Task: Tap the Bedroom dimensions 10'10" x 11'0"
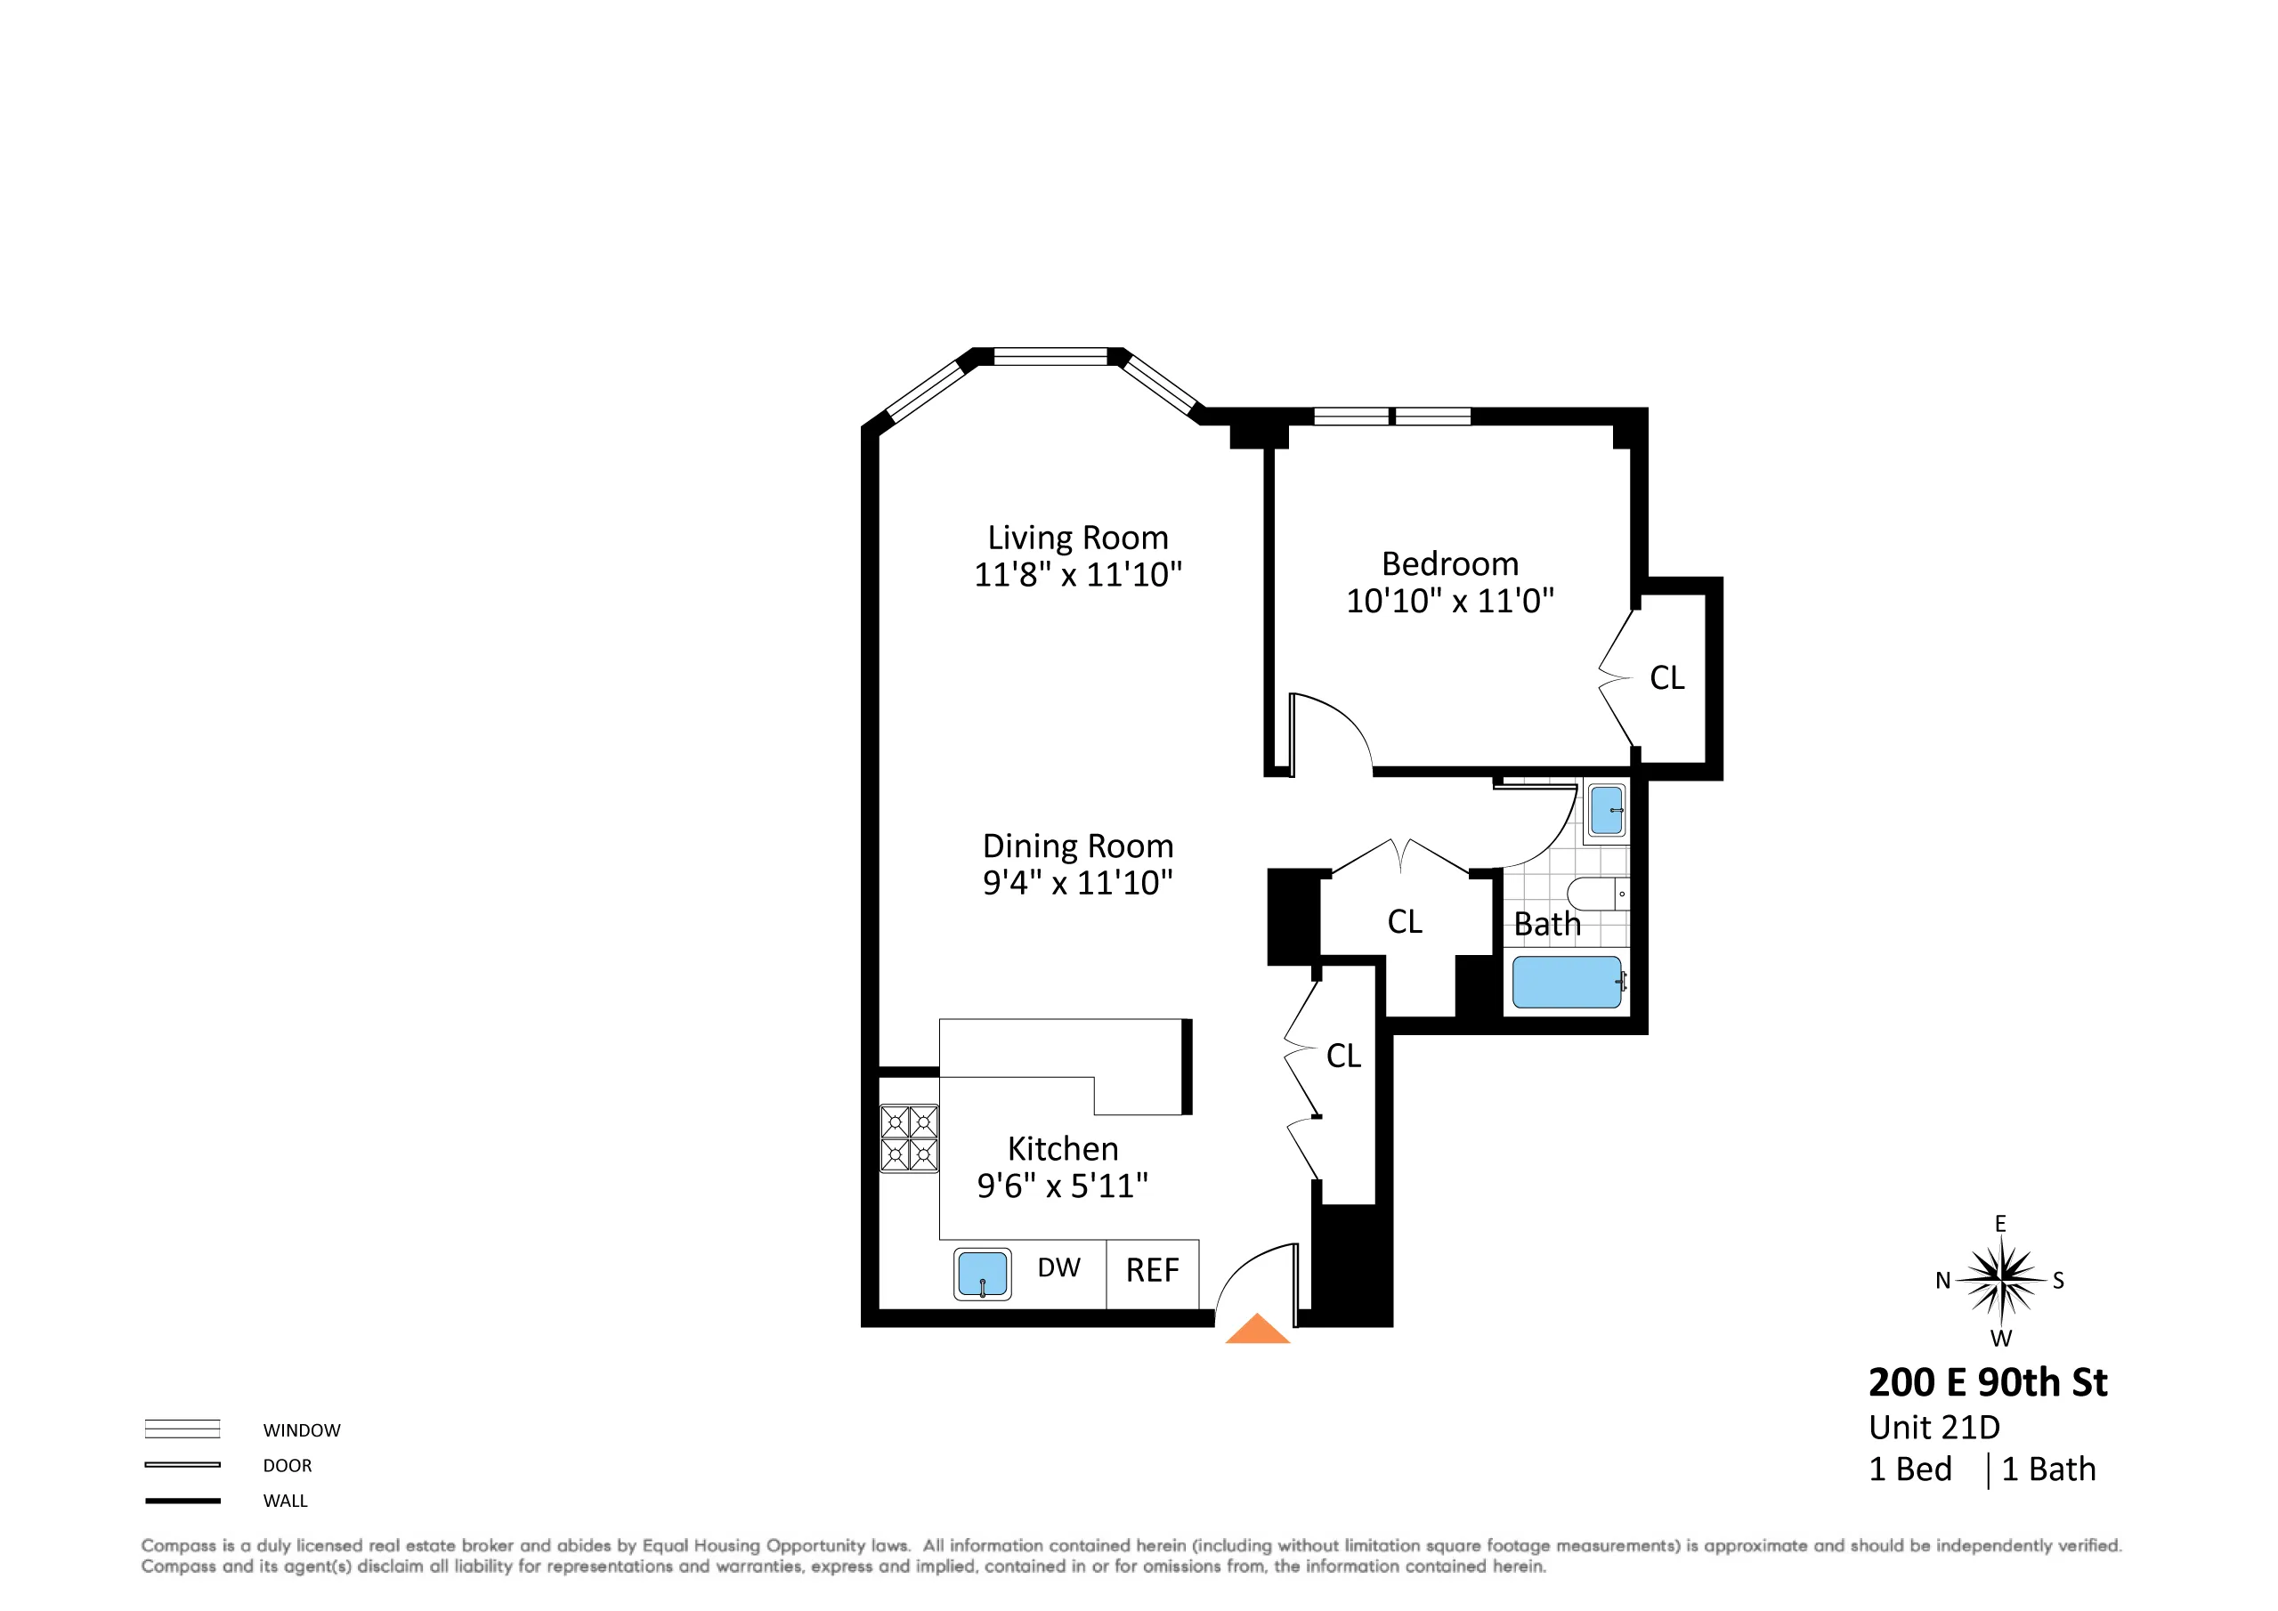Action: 1448,600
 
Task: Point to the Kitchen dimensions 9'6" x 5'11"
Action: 1062,1186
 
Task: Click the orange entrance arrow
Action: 1257,1331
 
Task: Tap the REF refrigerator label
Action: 1152,1271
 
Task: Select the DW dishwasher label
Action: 1058,1267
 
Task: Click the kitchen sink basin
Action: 982,1274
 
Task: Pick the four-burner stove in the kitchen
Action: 909,1137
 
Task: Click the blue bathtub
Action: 1566,982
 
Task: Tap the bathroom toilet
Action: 1595,893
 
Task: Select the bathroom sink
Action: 1606,809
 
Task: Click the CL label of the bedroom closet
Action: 1666,678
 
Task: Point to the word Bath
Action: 1547,925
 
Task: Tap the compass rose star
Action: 2001,1280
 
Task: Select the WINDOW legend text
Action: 302,1430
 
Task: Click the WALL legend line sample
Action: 182,1501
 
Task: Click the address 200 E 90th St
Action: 1987,1383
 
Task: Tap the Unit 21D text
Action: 1933,1428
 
